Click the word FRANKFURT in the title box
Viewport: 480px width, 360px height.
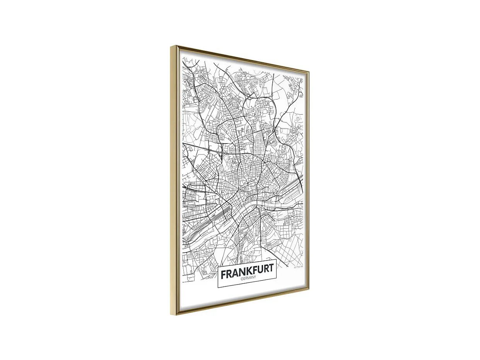[x=247, y=269]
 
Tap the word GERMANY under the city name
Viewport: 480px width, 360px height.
[x=247, y=278]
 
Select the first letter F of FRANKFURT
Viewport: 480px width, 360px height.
[x=223, y=274]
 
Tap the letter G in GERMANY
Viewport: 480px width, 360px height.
[x=241, y=279]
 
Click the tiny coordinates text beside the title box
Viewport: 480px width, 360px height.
[x=299, y=267]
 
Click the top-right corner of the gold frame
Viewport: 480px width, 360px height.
[x=309, y=72]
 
